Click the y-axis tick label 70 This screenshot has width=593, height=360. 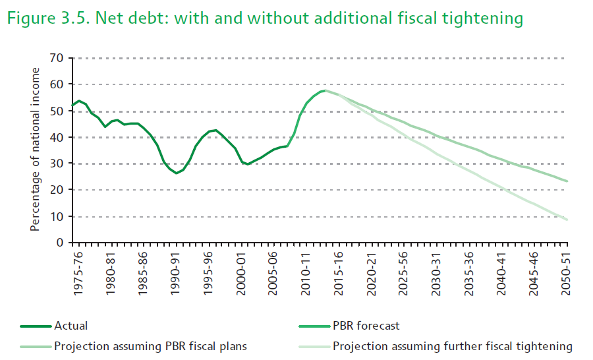(x=56, y=58)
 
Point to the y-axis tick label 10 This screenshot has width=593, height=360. (x=56, y=216)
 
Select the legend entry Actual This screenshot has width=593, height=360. (x=71, y=326)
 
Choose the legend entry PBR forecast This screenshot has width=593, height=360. (x=366, y=326)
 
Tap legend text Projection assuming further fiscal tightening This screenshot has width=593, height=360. (x=453, y=345)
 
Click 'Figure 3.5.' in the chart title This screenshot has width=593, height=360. (x=47, y=18)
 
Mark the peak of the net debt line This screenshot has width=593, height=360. (x=324, y=90)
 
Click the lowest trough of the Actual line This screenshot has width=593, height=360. (x=176, y=173)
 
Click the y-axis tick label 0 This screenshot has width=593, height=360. (x=59, y=243)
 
